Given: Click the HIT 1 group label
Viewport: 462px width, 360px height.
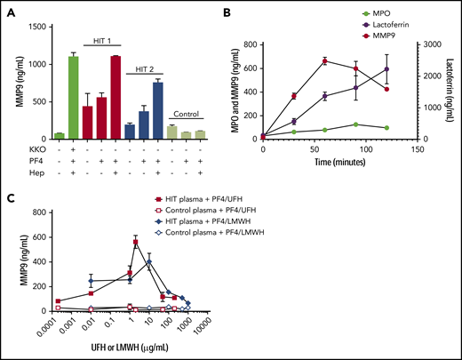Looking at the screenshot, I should point(106,41).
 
